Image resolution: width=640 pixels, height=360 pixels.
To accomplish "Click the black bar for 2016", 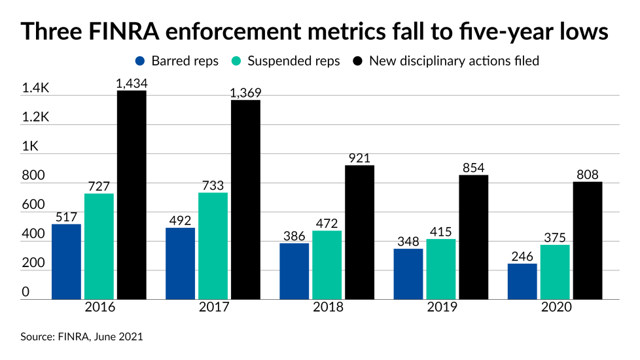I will (x=132, y=195).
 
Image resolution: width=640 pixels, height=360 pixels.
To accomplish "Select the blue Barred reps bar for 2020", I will (x=522, y=281).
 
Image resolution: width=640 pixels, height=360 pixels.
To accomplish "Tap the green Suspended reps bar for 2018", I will (x=327, y=265).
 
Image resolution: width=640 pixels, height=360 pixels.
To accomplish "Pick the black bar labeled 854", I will (x=473, y=237).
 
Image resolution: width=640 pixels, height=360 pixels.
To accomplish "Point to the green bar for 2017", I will (x=213, y=246).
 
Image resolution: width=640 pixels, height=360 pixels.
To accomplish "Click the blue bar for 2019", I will (x=408, y=274).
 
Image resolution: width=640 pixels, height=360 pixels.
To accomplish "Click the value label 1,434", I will (x=132, y=82).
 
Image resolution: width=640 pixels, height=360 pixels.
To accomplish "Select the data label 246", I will (x=522, y=256).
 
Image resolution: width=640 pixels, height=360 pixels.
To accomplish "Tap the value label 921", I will (x=359, y=158).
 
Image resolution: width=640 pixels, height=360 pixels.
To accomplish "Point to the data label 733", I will (x=213, y=185).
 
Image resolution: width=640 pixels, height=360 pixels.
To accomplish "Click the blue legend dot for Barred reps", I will (x=140, y=61).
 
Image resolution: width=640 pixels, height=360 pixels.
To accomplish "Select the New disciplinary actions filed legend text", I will (x=454, y=61).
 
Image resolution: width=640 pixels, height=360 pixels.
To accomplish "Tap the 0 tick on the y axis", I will (x=26, y=292).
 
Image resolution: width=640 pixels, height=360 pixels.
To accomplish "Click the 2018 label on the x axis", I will (x=327, y=307).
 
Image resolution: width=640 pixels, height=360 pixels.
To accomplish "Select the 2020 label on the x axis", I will (x=554, y=307).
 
